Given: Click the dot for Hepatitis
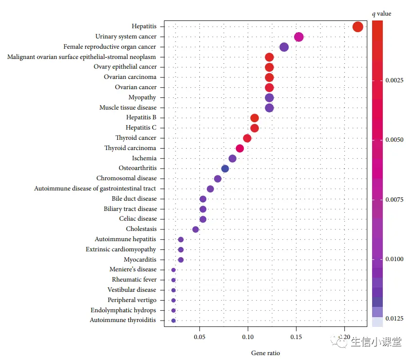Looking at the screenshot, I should tap(357, 27).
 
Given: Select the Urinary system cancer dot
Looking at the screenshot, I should tap(299, 37).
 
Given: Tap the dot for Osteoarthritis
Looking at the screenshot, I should tap(225, 169).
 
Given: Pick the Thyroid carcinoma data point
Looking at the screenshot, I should tap(239, 148).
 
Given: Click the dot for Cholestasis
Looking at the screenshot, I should tap(196, 229).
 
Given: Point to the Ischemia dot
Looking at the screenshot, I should tap(232, 158).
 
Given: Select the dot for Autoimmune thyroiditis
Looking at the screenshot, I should tap(174, 321).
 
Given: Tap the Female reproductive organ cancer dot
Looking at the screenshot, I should tap(284, 47).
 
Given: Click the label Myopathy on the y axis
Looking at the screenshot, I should tap(142, 97).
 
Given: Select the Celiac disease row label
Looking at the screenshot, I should tap(138, 219).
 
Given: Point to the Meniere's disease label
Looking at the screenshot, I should tap(133, 269).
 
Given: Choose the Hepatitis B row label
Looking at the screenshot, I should tap(141, 117).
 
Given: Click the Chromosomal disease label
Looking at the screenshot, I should tap(126, 178).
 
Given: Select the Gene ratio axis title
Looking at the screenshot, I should tap(265, 353).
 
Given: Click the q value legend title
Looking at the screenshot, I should tap(381, 14).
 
